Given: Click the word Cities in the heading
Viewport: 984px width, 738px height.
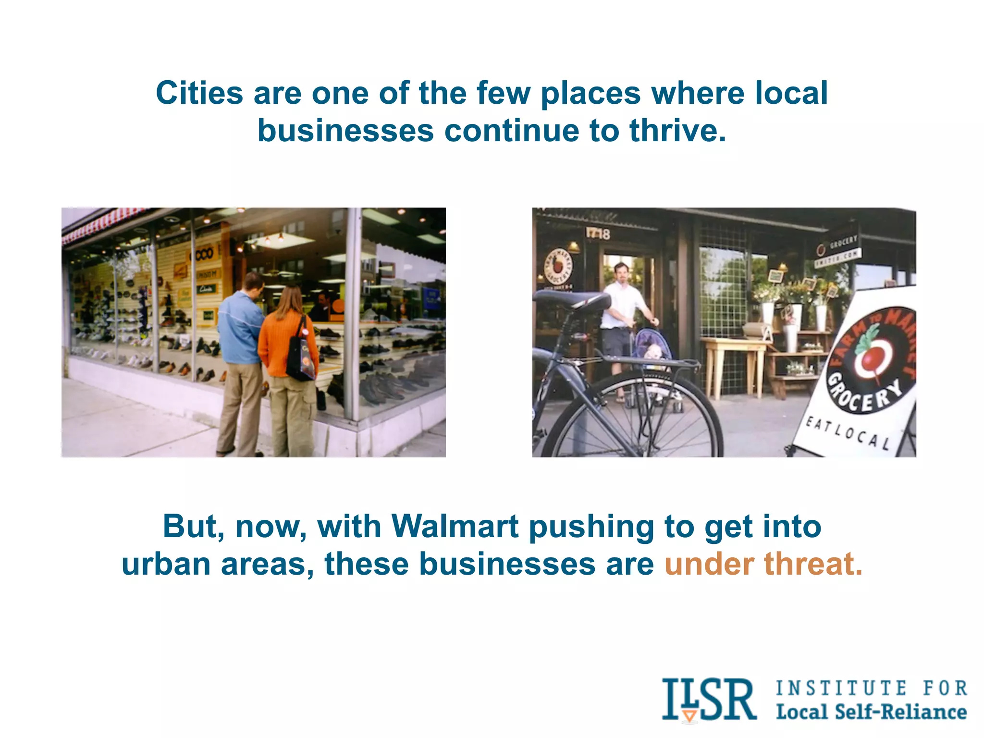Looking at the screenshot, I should tap(199, 93).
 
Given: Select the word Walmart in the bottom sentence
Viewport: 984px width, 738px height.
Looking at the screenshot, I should tap(455, 527).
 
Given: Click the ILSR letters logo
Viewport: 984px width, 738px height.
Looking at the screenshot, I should tap(708, 700).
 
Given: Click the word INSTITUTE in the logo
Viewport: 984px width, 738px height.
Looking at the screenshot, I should tap(841, 688).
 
